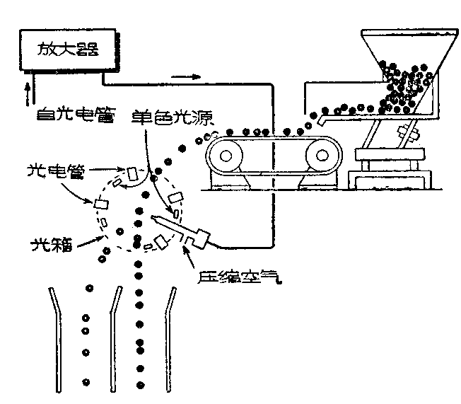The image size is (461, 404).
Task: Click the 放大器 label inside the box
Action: tap(66, 50)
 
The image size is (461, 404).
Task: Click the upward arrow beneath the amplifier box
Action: tap(27, 92)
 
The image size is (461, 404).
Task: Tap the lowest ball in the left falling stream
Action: tap(86, 382)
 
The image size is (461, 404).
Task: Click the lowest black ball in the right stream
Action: tap(141, 384)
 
